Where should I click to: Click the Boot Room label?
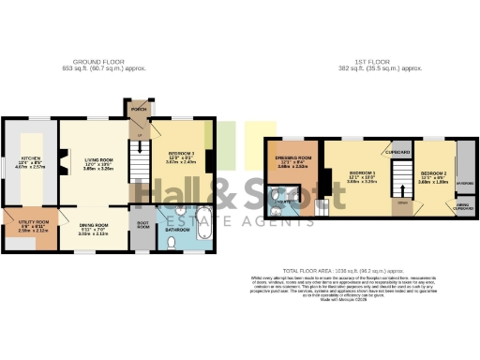(x=142, y=224)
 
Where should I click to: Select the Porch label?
(x=139, y=109)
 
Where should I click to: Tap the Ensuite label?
(x=281, y=198)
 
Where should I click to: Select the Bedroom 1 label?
(x=362, y=175)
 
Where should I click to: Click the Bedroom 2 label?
(x=432, y=175)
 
